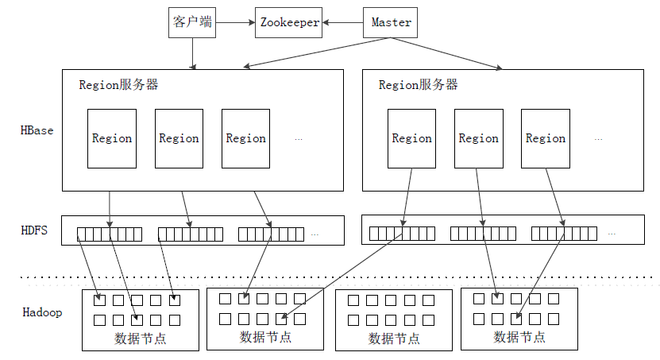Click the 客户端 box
coord(192,22)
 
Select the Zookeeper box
coord(290,22)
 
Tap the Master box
coord(391,22)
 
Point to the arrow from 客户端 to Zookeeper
coord(235,22)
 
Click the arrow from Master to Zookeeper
coord(343,22)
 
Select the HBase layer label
coord(37,130)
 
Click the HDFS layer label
coord(34,230)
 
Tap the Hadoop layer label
coord(41,312)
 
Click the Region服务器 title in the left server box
coord(118,85)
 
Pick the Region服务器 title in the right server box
coord(418,85)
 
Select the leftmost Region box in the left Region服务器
coord(112,138)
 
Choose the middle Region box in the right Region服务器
coord(479,138)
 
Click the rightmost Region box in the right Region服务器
coord(546,138)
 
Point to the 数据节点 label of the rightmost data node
coord(519,337)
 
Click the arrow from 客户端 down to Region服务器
coord(192,54)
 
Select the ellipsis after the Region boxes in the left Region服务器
coord(299,139)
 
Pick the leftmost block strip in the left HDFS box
coord(110,234)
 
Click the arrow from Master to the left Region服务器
coord(318,54)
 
